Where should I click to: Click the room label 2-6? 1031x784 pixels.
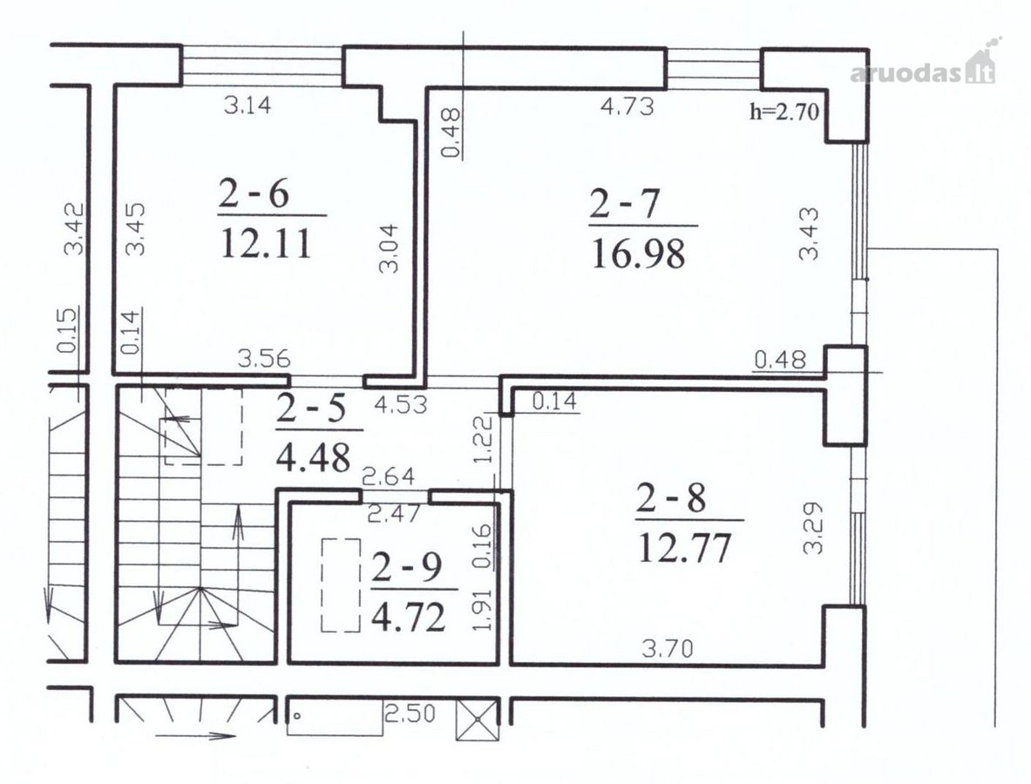point(254,194)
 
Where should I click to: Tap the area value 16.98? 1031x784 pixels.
point(638,254)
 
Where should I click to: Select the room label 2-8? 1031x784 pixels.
point(671,498)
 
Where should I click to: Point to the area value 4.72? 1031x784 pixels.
point(409,618)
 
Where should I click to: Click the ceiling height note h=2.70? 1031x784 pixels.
point(784,112)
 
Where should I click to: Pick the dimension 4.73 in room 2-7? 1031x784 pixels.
point(628,106)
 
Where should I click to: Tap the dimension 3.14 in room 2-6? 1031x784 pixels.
point(248,105)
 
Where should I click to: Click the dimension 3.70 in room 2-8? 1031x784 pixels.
point(668,649)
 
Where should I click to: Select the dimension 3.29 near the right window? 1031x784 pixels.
point(813,529)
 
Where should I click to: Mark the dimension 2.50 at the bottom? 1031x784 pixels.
point(410,713)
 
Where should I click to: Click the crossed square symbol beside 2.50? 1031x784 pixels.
point(477,719)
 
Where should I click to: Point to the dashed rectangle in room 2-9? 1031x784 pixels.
point(342,585)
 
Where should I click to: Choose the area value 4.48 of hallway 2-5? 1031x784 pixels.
point(313,458)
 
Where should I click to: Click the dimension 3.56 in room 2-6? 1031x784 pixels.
point(264,359)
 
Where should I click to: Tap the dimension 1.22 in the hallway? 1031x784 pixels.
point(484,439)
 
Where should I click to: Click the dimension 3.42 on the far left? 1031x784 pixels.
point(73,229)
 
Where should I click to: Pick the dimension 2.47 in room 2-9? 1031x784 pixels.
point(393,513)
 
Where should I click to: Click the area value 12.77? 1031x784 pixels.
point(684,548)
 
